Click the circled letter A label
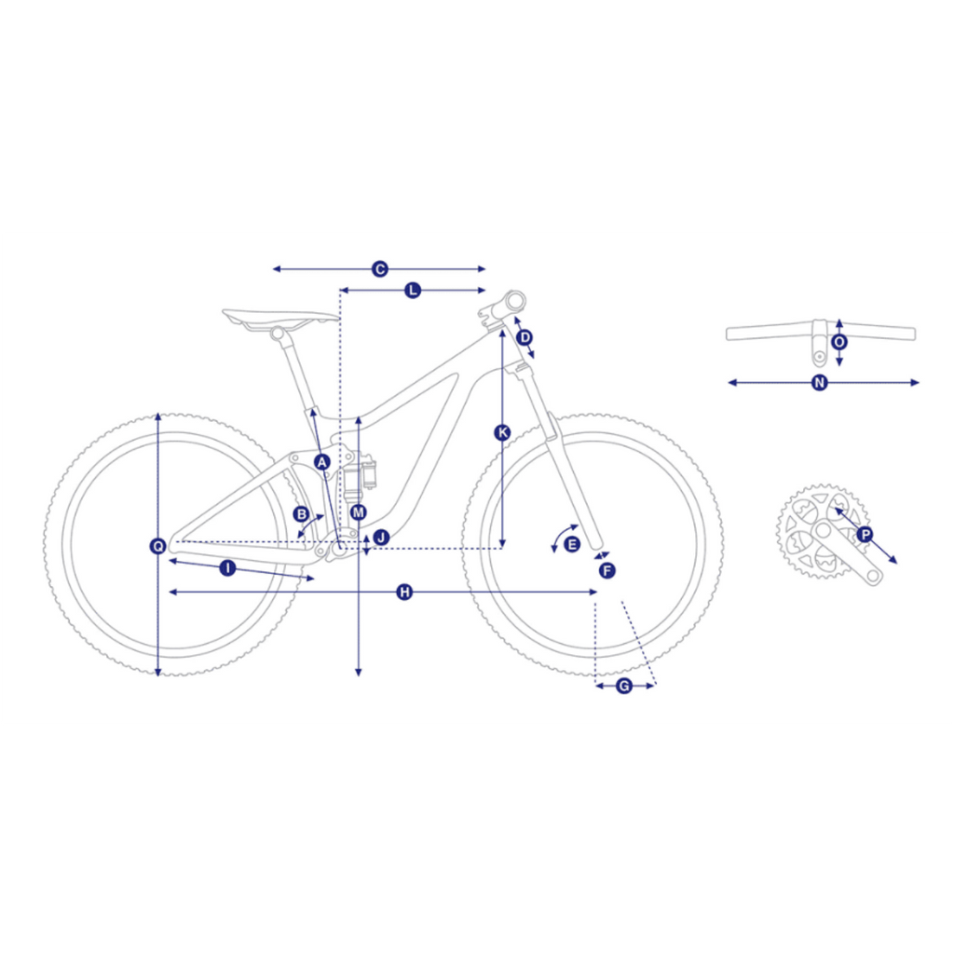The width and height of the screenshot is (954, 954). point(321,462)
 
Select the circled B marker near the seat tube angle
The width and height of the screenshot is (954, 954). point(301,514)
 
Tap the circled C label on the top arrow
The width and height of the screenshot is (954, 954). point(380,269)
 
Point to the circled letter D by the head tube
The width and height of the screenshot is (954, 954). point(524,337)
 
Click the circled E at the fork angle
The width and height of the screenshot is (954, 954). point(572,544)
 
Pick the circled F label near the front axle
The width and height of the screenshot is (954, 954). point(606,571)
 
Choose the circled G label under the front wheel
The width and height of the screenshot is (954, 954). point(624,687)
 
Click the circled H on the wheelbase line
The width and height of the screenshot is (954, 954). point(404,592)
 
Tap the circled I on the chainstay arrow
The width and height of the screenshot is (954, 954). point(227,568)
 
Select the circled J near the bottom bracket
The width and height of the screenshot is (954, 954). point(381,538)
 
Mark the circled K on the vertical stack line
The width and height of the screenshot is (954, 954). point(502,432)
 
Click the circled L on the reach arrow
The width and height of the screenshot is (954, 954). point(413,291)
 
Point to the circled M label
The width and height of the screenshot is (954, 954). point(359,512)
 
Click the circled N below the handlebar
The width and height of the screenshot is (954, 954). point(820,383)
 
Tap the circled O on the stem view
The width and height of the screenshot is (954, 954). point(839,342)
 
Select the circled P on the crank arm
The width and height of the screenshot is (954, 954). point(865,535)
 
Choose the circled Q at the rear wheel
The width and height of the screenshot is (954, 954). point(158,546)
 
